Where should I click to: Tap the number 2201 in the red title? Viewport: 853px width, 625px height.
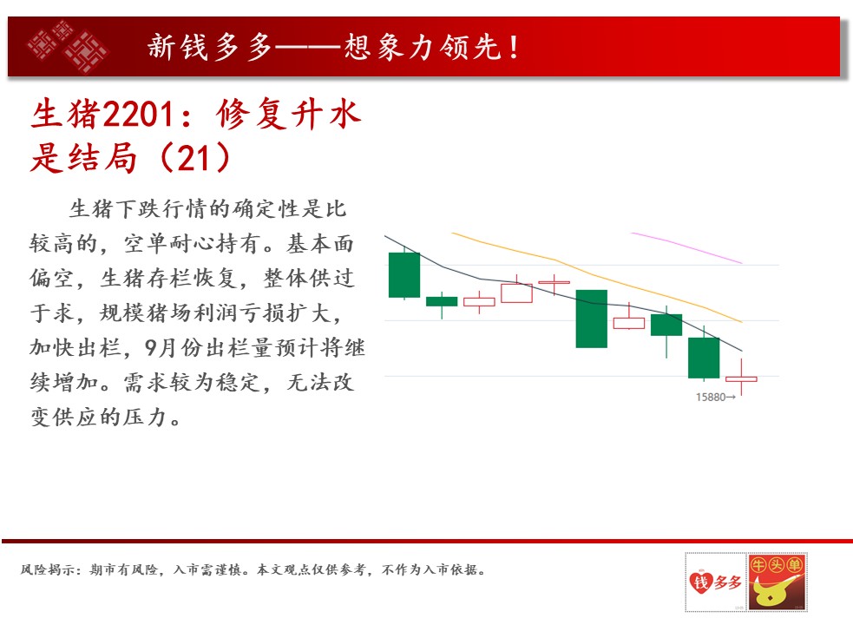click(x=139, y=115)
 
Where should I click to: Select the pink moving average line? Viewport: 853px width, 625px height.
click(x=686, y=247)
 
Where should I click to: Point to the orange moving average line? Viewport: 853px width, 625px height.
click(x=597, y=277)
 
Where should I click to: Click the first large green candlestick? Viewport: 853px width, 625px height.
click(x=404, y=275)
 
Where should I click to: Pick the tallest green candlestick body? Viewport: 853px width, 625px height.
click(x=591, y=319)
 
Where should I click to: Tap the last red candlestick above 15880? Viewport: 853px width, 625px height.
click(x=741, y=378)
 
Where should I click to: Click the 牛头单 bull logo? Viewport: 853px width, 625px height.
click(x=778, y=582)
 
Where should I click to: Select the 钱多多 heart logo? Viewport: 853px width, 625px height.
click(x=715, y=582)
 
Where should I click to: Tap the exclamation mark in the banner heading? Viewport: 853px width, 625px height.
click(x=513, y=47)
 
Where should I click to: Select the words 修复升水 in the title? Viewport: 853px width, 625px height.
click(x=288, y=115)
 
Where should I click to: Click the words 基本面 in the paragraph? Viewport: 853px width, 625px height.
click(x=320, y=243)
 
